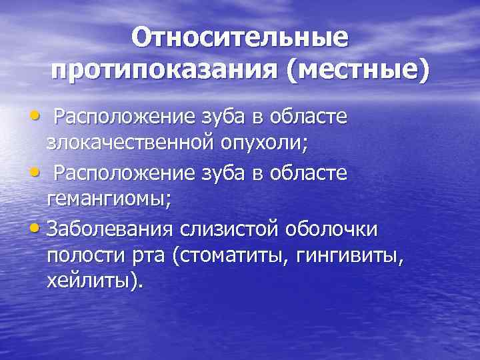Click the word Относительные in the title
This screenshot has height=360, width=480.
click(239, 37)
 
